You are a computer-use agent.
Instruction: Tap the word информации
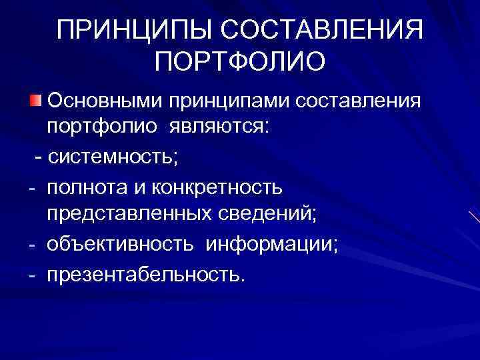272,245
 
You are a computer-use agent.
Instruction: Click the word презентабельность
146,273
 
